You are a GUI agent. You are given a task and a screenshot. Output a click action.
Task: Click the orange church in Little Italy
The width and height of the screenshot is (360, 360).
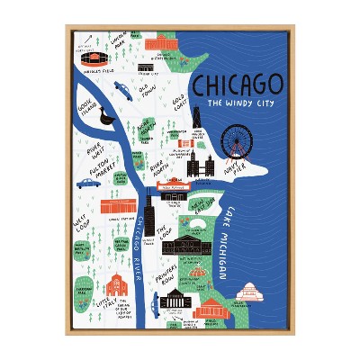click(x=116, y=287)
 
